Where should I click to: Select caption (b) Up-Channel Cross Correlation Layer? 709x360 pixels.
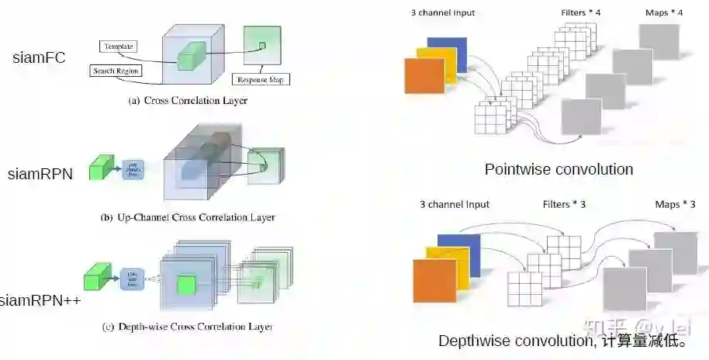pos(188,217)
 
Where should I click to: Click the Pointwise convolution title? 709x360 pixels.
pos(559,169)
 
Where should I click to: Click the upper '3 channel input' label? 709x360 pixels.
pos(441,13)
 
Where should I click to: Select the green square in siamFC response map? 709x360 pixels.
pos(262,46)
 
